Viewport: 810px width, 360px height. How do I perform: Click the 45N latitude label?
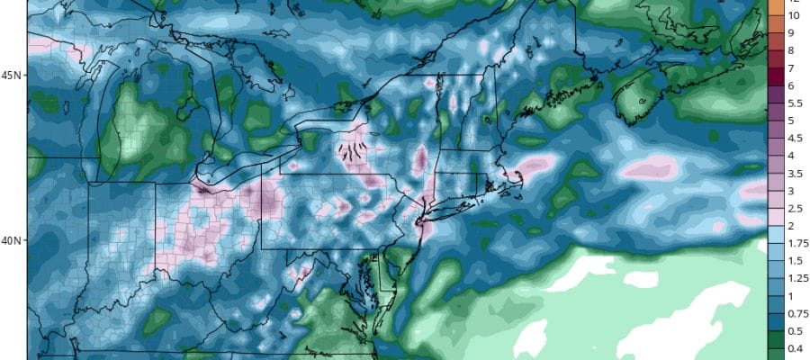[x=13, y=75]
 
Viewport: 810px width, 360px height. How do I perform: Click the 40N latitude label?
[x=13, y=240]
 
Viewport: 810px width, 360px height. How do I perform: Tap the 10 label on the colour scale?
[x=794, y=16]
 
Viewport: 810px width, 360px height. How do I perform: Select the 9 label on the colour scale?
[x=791, y=33]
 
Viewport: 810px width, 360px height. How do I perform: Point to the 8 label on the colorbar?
[x=791, y=50]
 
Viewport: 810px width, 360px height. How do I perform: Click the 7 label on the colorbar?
[x=791, y=68]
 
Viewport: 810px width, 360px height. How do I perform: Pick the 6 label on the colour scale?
[x=791, y=85]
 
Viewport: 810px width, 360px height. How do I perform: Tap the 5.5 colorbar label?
[x=796, y=103]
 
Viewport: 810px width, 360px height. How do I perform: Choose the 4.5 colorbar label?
[x=796, y=138]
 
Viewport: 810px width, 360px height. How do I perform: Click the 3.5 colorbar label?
[x=796, y=173]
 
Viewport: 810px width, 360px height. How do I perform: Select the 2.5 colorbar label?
[x=796, y=208]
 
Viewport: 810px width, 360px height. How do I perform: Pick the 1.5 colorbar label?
[x=796, y=260]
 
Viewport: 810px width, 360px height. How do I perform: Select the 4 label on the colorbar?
[x=791, y=156]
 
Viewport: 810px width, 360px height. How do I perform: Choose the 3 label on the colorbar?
[x=791, y=191]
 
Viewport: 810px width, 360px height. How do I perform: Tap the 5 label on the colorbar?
[x=791, y=121]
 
